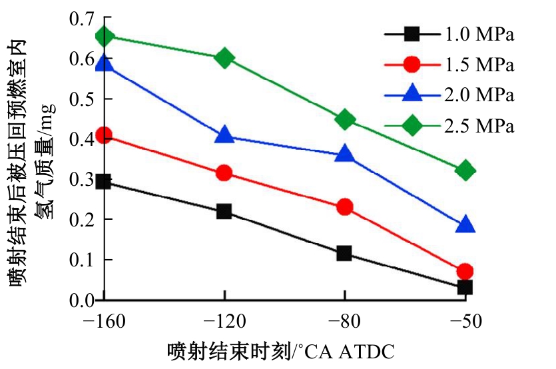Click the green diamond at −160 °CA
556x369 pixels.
click(x=104, y=36)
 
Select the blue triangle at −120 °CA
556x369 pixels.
click(x=224, y=136)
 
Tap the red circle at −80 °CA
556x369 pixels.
click(x=344, y=207)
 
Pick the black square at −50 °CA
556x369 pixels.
click(x=465, y=288)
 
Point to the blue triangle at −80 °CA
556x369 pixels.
click(x=344, y=155)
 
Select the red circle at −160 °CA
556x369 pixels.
click(x=104, y=136)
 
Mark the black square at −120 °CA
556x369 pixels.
click(x=224, y=212)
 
